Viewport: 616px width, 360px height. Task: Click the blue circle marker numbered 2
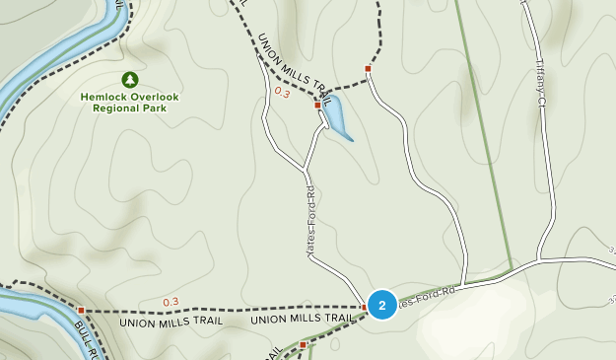tap(382, 305)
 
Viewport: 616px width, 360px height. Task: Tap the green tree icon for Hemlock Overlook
tap(129, 79)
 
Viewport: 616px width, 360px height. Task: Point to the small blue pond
tap(335, 117)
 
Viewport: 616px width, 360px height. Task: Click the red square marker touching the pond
tap(317, 105)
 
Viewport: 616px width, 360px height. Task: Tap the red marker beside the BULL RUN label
tap(81, 310)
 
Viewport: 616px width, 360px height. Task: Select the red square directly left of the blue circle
tap(364, 307)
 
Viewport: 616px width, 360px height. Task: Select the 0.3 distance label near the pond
tap(282, 93)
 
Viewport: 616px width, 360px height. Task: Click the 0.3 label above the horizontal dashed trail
tap(171, 302)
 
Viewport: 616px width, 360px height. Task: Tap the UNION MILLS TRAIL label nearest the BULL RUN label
tap(171, 322)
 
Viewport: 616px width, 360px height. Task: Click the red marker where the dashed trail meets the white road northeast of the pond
tap(368, 69)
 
